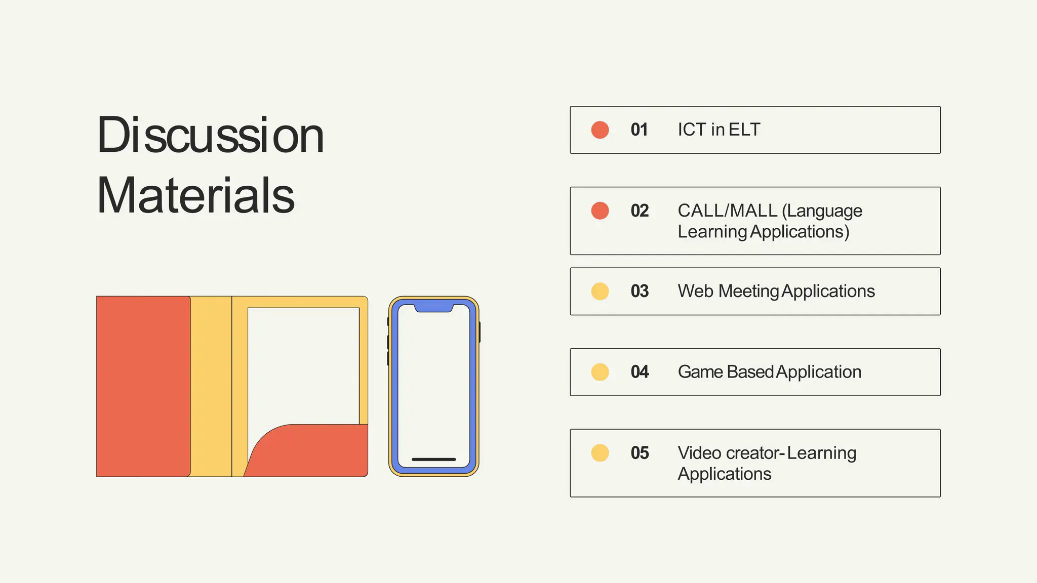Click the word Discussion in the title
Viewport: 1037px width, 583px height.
click(210, 136)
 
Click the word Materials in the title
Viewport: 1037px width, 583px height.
click(195, 196)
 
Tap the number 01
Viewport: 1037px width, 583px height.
click(639, 130)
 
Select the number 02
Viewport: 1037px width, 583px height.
click(640, 211)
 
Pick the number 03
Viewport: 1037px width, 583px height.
click(640, 291)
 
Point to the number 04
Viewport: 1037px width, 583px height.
click(640, 372)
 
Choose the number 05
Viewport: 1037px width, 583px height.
click(640, 453)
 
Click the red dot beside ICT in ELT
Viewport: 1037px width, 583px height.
click(600, 130)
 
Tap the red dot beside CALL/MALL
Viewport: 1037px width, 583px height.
click(600, 211)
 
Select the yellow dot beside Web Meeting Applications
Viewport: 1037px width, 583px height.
click(600, 291)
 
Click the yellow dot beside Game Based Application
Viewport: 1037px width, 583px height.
click(600, 372)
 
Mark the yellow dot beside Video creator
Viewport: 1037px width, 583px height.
click(600, 453)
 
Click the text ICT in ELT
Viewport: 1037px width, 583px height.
click(719, 130)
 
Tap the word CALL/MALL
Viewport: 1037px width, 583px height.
click(727, 211)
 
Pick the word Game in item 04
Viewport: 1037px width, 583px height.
click(700, 372)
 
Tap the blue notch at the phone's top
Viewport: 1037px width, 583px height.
click(433, 307)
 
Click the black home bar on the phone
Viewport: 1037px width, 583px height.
click(433, 460)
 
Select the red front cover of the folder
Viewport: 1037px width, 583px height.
click(143, 386)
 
